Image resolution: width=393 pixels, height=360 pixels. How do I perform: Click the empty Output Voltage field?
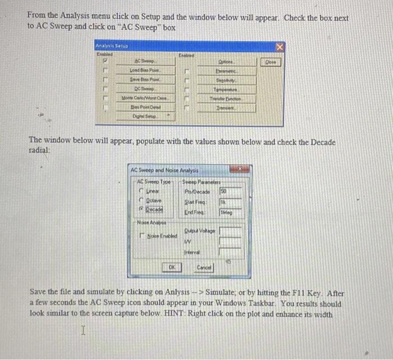coord(231,230)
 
